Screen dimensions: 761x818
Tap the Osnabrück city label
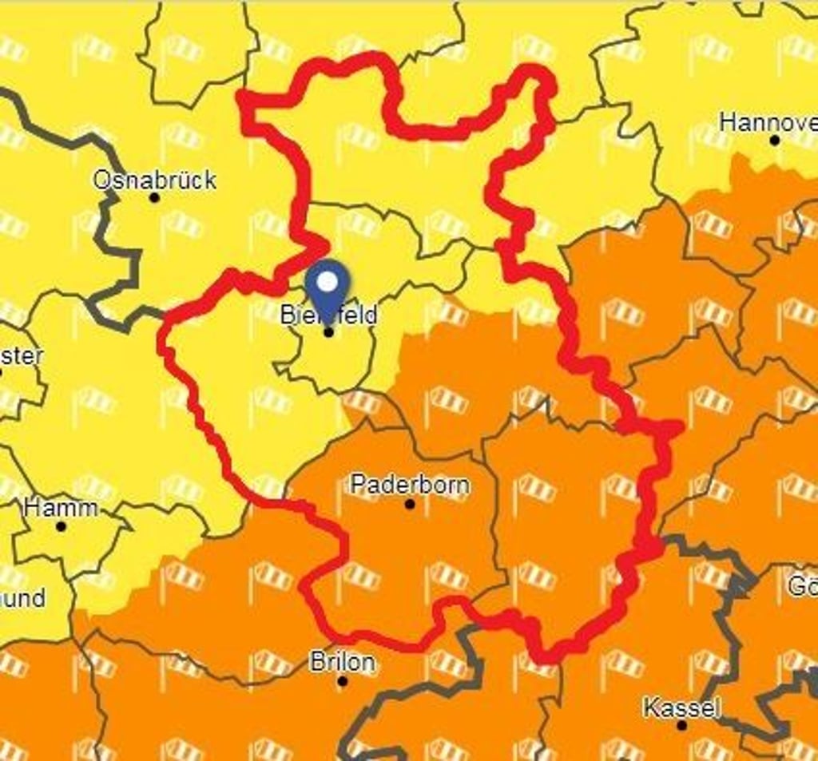[154, 180]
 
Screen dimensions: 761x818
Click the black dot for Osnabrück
[154, 197]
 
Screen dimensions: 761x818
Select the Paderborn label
[410, 485]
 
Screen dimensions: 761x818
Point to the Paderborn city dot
[410, 504]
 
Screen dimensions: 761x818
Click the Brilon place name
[342, 662]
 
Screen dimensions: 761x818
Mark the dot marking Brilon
[343, 681]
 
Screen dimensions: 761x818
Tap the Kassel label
[681, 707]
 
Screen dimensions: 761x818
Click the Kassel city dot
[681, 725]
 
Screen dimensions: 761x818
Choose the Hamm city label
[61, 507]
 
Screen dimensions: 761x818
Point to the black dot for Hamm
[62, 526]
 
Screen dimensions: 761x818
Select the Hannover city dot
[774, 141]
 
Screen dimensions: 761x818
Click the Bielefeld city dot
[328, 331]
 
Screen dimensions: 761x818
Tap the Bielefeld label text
[328, 315]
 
